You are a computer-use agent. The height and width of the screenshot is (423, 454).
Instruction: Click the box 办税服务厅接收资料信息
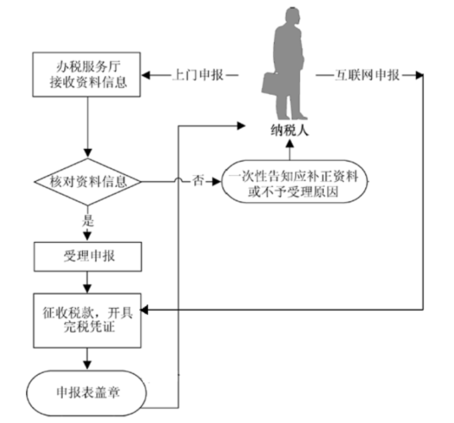86,74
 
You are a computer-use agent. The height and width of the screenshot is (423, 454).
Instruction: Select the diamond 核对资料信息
88,182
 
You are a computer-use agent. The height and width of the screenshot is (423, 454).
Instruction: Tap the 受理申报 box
88,256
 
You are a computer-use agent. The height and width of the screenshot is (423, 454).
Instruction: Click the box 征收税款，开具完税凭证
87,321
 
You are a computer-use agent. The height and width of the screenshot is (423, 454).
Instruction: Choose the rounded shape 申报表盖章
86,393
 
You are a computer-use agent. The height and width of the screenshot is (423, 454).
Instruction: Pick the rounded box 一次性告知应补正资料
294,182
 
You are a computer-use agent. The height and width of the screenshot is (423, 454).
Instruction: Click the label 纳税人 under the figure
289,130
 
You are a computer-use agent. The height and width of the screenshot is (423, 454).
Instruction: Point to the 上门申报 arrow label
198,75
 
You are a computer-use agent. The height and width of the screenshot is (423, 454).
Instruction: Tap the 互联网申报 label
367,75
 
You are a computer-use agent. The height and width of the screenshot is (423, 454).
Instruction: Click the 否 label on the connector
199,181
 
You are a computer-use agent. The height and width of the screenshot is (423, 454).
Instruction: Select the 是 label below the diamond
88,221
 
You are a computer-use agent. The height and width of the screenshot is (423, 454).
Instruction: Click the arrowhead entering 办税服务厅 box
145,75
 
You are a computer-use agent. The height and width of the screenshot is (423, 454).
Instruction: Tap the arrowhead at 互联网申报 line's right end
419,75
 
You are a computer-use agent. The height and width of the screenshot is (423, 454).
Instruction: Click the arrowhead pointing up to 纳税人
289,144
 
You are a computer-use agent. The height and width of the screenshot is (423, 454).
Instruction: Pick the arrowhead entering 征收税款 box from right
145,310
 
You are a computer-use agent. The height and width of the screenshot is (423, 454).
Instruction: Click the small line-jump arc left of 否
178,180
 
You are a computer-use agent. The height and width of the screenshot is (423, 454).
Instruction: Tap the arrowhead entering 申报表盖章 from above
87,365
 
